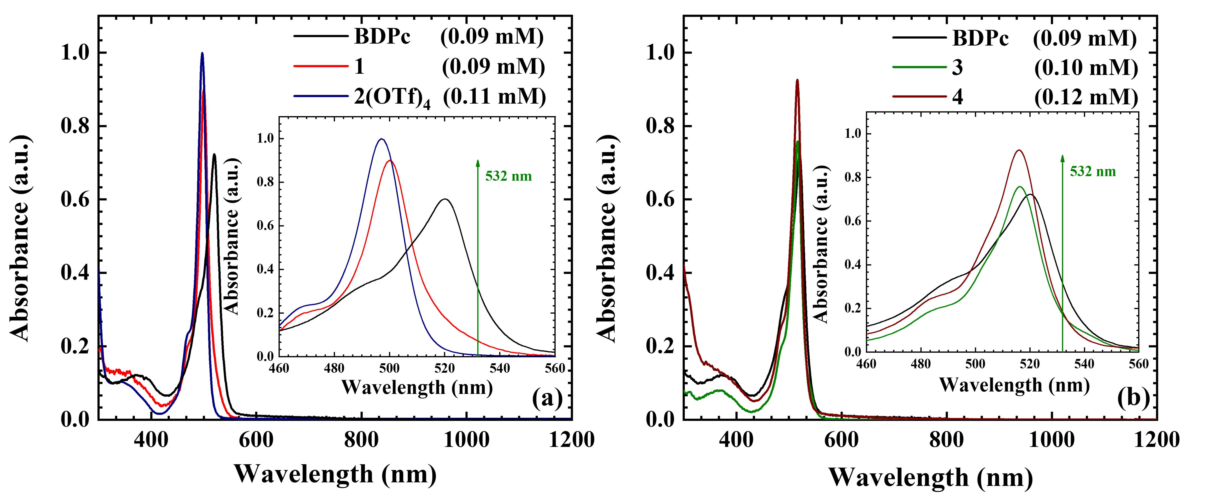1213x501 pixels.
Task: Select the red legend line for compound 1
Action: tap(320, 66)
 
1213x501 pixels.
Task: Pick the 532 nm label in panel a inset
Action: tap(509, 176)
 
